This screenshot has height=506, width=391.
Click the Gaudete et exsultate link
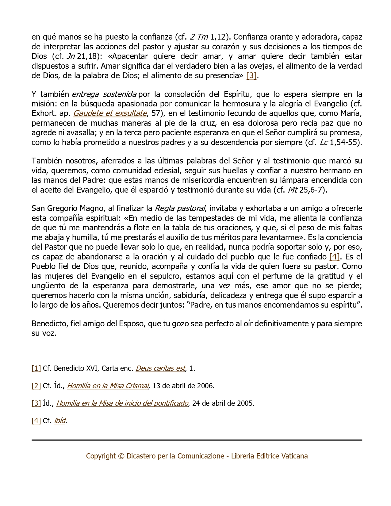pos(110,113)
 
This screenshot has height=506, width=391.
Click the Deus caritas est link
pos(160,368)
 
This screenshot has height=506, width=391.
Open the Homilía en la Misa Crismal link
pos(108,386)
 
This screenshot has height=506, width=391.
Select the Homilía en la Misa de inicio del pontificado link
pos(122,403)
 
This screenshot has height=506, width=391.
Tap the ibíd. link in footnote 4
pos(60,421)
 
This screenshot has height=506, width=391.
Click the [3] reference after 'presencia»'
pos(251,75)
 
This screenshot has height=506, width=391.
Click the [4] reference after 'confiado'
pos(334,257)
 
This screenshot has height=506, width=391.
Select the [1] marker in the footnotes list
pos(36,368)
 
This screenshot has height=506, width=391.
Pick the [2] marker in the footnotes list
pos(36,386)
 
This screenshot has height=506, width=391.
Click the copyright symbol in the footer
pos(121,456)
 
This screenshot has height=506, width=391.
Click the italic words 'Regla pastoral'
pos(180,209)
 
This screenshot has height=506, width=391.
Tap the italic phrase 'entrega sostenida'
pos(104,94)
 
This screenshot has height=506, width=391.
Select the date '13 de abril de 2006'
pos(183,386)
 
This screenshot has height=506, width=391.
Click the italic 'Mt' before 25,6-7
pos(293,190)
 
